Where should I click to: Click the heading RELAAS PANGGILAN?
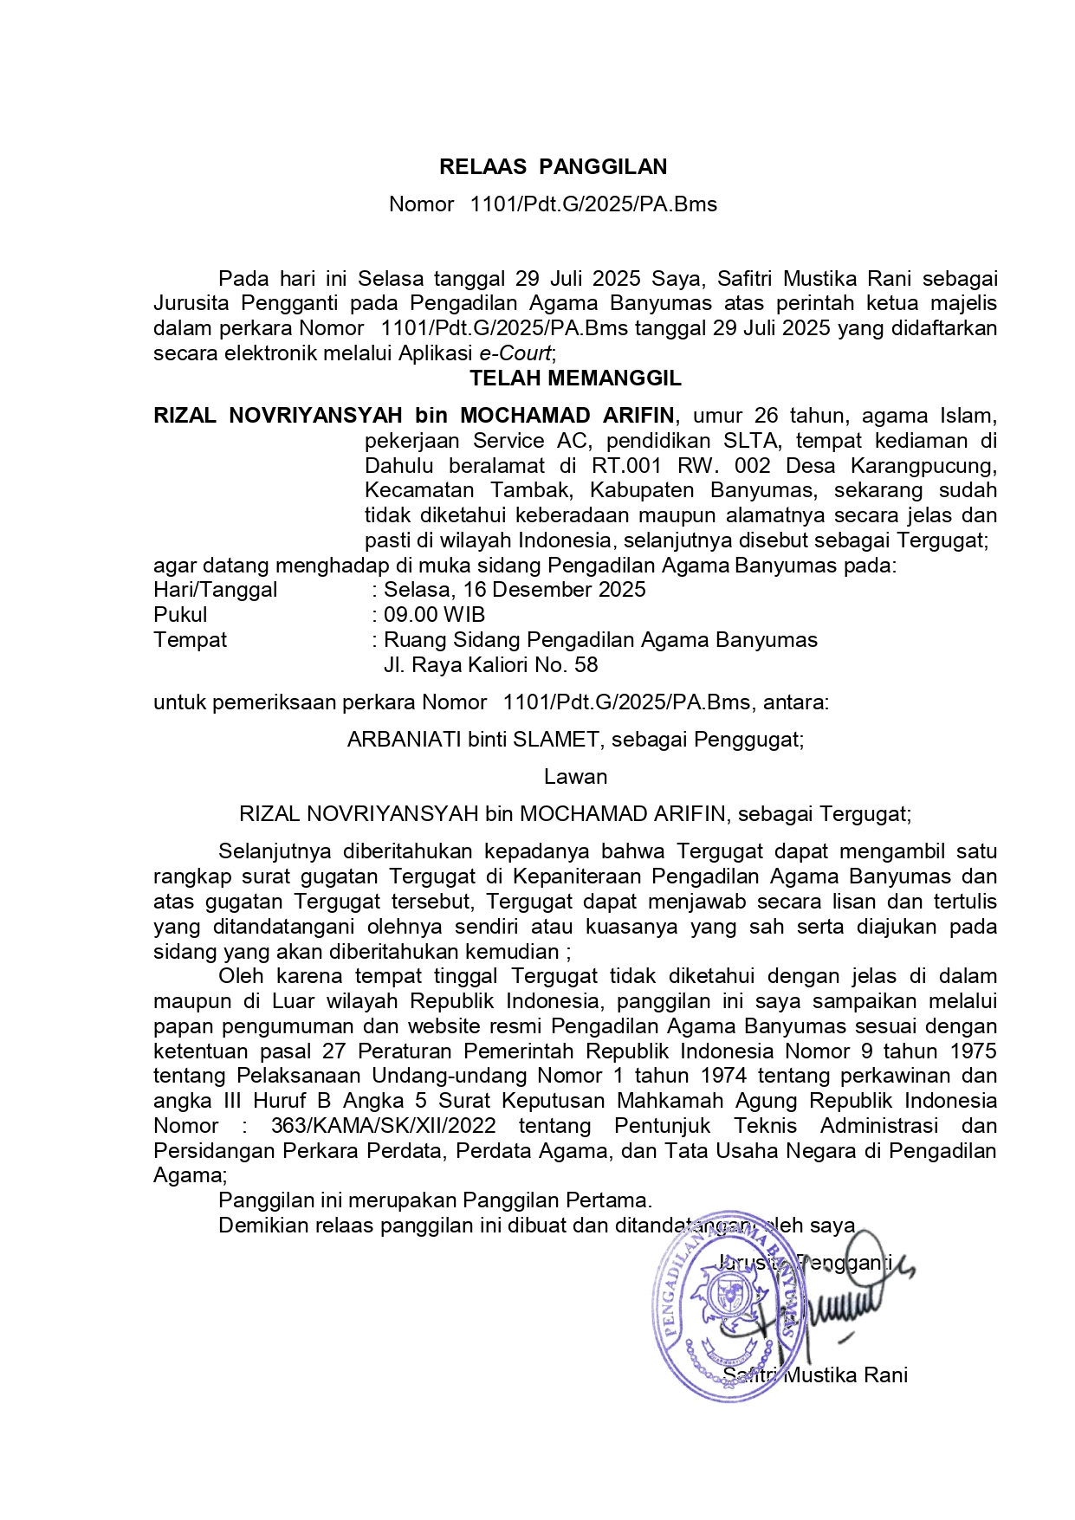(553, 167)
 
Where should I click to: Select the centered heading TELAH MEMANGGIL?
(575, 378)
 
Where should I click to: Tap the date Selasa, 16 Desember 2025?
(515, 590)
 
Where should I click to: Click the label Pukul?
(180, 615)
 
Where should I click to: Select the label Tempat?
(190, 640)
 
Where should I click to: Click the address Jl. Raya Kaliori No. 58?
(490, 665)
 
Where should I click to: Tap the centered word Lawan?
(575, 777)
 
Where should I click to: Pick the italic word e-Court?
(515, 353)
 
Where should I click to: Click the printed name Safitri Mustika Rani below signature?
(815, 1375)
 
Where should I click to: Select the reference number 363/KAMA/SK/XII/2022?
(383, 1126)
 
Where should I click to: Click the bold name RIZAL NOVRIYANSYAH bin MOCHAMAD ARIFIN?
(413, 416)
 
